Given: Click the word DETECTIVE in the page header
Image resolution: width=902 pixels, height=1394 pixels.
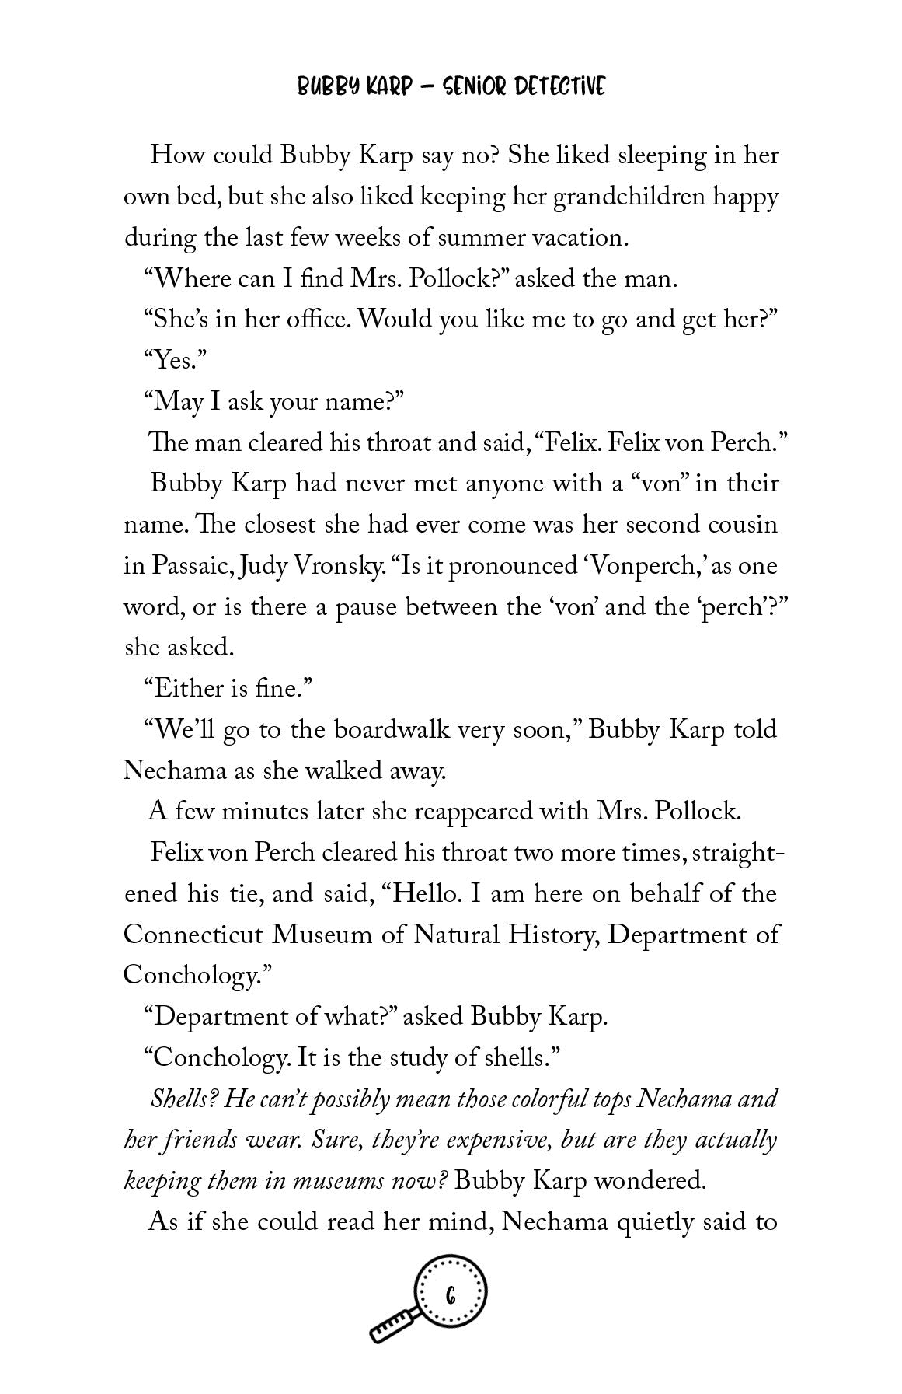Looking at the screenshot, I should (x=555, y=87).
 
